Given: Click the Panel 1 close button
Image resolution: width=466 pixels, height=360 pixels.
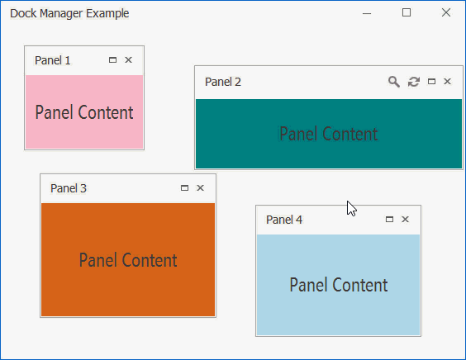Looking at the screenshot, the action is coord(128,60).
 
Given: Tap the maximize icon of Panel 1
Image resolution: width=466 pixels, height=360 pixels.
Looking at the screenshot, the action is coord(112,60).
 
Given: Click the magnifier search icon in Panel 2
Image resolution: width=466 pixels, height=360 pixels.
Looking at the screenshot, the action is coord(394,82).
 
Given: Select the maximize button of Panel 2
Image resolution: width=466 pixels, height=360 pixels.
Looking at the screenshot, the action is coord(431,82).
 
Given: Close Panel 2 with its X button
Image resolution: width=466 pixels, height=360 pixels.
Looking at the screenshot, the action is coord(447,82).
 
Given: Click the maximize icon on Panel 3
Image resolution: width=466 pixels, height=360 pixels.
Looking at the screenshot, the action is coord(184,187).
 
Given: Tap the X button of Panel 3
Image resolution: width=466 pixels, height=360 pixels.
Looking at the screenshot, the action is coord(200,187).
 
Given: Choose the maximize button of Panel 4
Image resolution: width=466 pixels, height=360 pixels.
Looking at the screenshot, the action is coord(389,219).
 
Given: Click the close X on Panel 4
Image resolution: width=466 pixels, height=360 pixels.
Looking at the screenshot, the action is coord(405,219).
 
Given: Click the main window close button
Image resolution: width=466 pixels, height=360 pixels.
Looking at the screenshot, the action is coord(446,12).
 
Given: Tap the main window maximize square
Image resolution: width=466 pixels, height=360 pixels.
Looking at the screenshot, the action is coord(407,12).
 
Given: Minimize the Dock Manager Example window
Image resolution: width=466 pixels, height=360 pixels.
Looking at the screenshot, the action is coord(367,13).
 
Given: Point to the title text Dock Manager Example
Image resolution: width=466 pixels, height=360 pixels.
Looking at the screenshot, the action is coord(69,13).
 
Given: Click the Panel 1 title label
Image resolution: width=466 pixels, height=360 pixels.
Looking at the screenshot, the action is coord(53,60).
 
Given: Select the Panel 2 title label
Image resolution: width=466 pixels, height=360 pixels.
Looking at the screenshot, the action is coord(223,82).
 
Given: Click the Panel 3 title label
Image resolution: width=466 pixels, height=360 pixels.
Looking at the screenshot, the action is coord(69,188).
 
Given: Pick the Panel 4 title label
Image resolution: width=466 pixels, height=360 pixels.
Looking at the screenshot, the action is coord(284,220).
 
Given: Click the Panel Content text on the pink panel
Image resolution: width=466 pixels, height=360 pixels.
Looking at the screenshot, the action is coord(84,112).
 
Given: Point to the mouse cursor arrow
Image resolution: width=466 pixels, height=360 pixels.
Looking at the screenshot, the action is coord(351,208).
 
